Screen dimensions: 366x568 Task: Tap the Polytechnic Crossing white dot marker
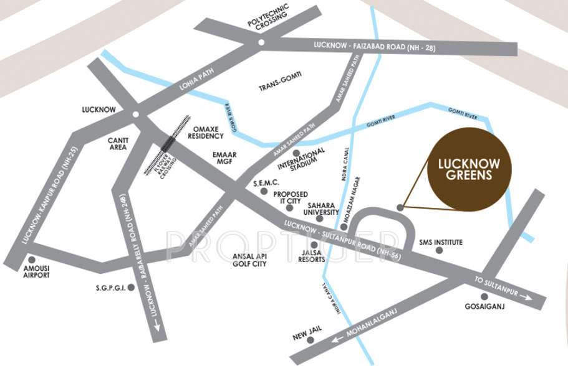261,43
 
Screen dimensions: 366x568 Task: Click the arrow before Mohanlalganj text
337,339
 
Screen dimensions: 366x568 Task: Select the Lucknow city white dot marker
135,113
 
